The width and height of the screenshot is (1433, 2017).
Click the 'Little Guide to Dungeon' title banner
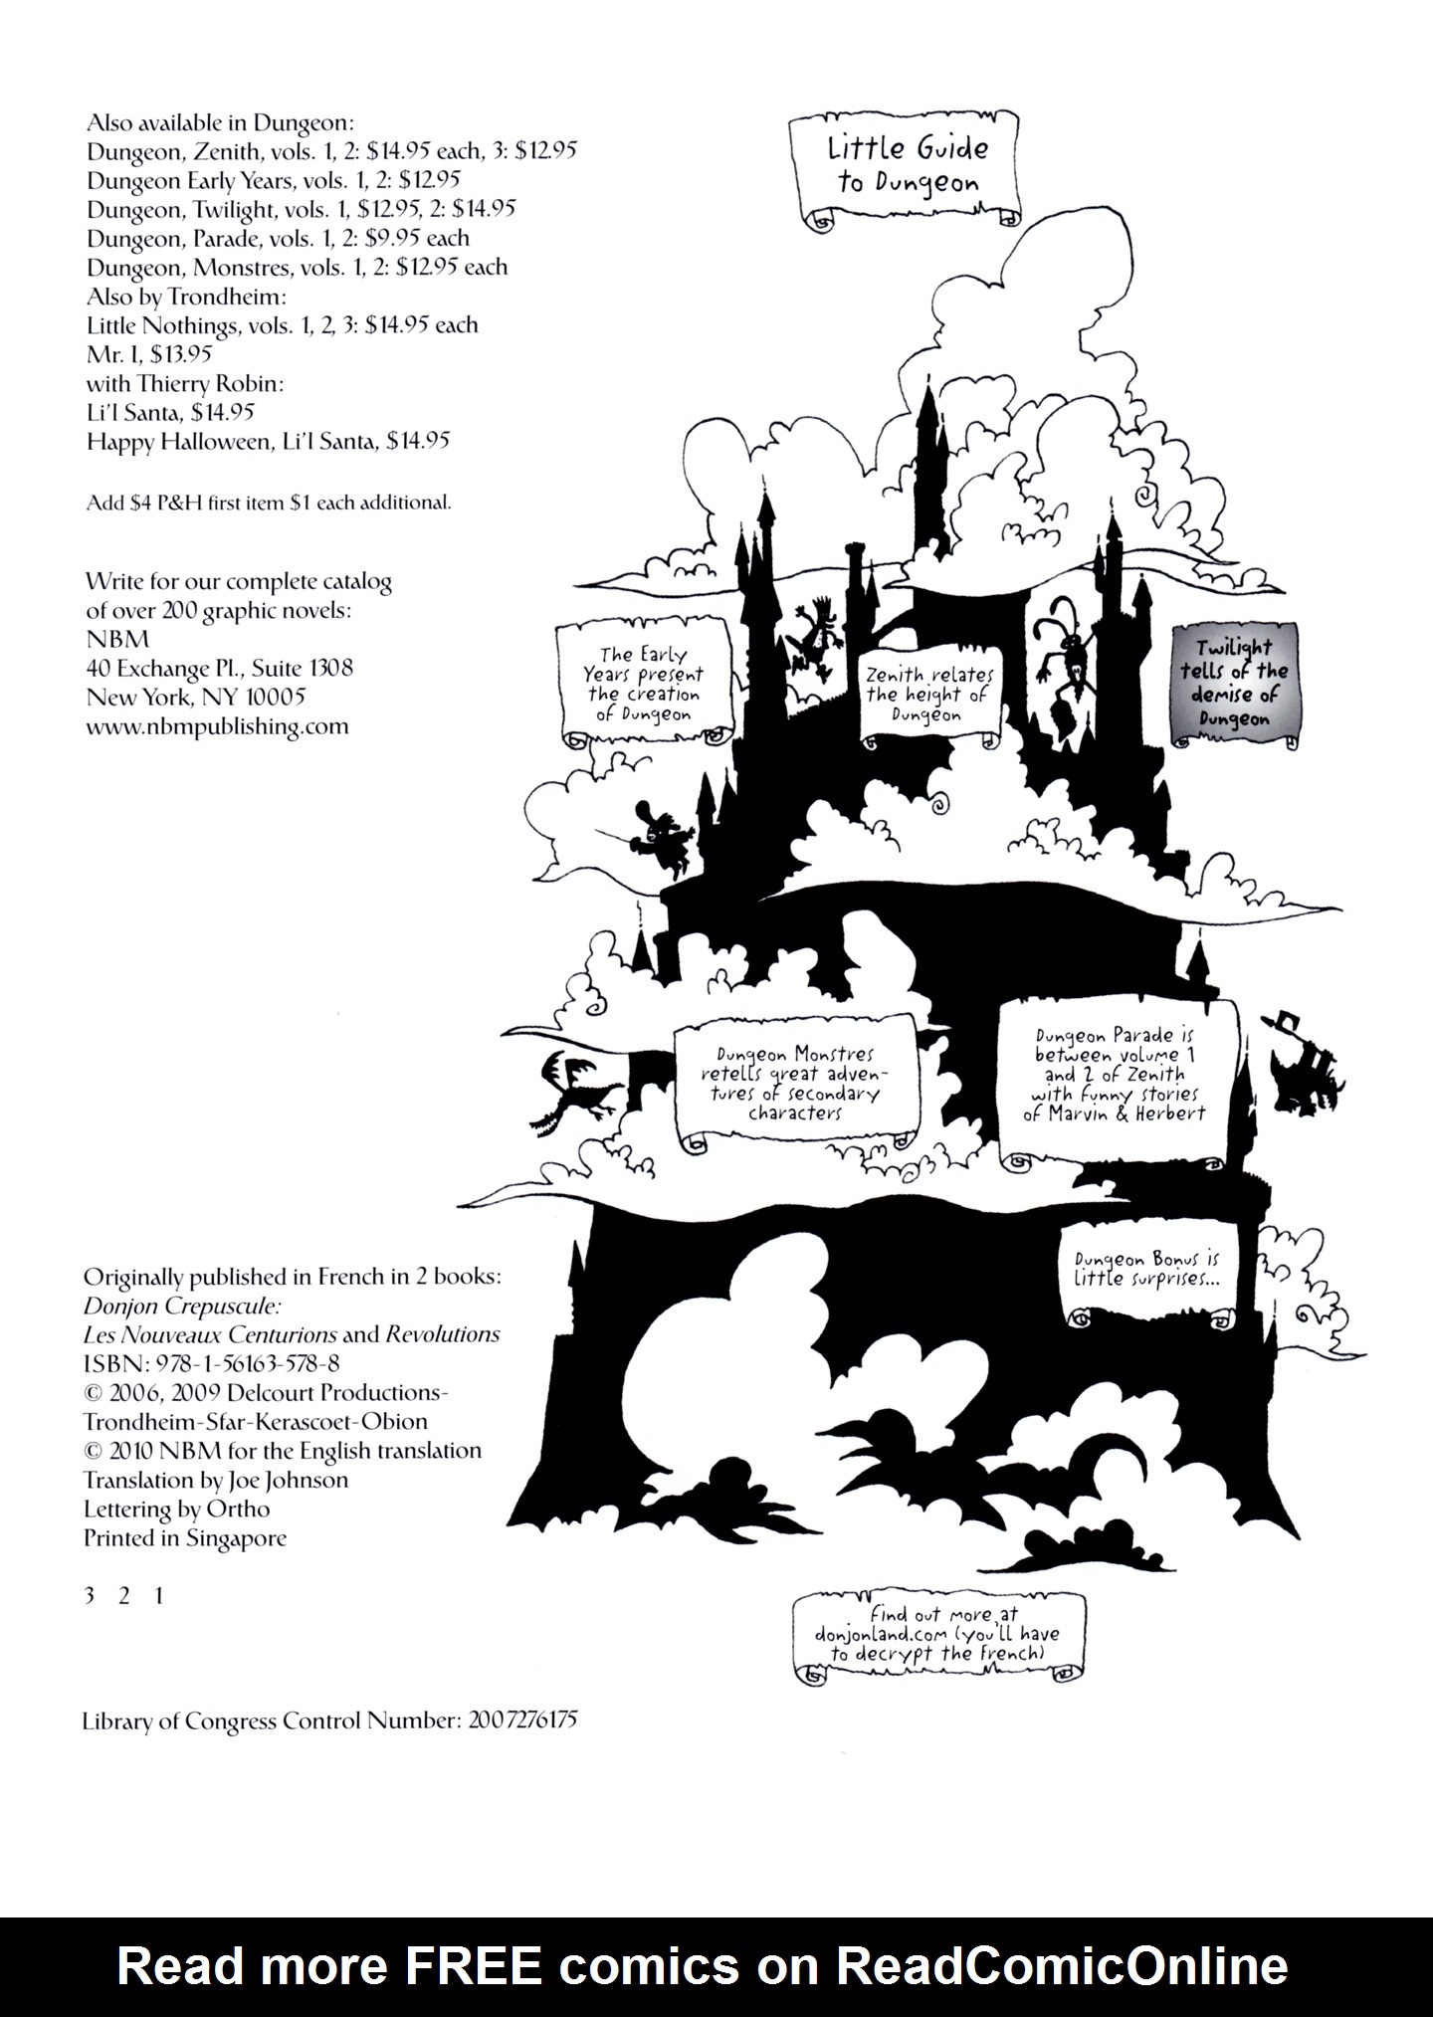(x=907, y=167)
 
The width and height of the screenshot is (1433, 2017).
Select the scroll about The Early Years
(x=643, y=686)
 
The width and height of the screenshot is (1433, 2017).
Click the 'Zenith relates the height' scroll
(x=928, y=695)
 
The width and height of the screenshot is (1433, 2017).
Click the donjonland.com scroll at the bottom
(x=936, y=1636)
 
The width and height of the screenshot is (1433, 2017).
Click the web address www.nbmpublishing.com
(x=217, y=726)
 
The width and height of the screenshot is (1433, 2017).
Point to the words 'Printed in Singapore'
(x=185, y=1537)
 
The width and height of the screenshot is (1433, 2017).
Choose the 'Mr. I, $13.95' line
(x=149, y=354)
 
